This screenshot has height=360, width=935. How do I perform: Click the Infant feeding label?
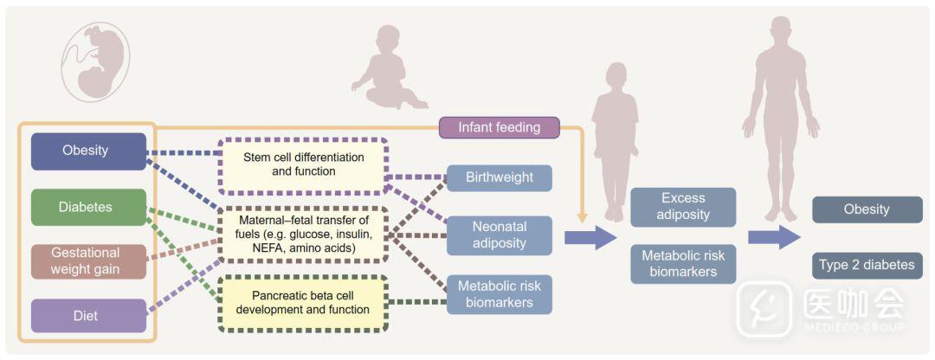500,127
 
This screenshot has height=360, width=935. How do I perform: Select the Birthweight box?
500,178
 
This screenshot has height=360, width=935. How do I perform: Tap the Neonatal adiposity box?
500,235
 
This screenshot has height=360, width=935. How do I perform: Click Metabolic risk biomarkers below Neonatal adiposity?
500,294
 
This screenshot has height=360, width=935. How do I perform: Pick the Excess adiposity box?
683,207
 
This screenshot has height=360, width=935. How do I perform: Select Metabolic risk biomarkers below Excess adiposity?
683,263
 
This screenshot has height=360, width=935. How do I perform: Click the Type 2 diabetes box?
867,265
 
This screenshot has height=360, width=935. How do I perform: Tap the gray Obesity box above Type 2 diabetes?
867,209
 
